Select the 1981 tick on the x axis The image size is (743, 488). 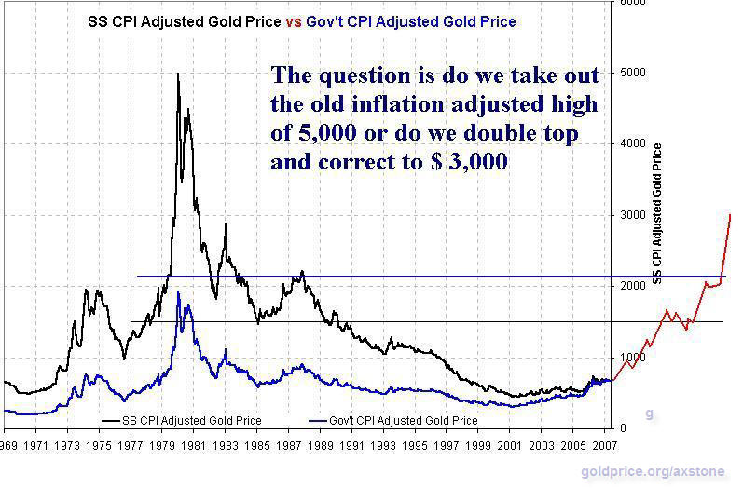click(194, 446)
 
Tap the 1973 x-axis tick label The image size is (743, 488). click(67, 446)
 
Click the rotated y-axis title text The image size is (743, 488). click(657, 214)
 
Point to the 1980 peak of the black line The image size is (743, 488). click(177, 74)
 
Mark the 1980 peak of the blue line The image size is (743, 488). click(178, 292)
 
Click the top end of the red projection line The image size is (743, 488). click(729, 215)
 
